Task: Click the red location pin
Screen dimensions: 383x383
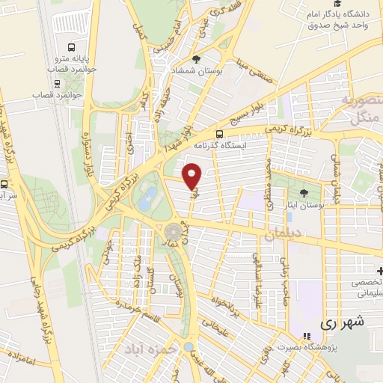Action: pos(192,176)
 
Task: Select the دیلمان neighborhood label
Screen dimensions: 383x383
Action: pos(282,235)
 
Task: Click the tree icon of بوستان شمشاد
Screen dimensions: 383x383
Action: pos(196,59)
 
